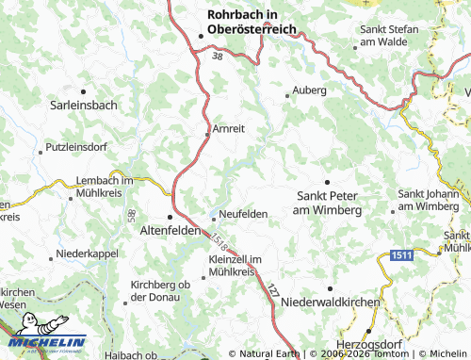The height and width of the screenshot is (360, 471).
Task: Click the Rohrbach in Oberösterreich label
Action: [252, 22]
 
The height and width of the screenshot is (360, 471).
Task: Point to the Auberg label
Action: [310, 90]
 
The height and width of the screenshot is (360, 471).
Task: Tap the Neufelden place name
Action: [243, 214]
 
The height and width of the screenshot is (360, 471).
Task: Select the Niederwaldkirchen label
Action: [330, 303]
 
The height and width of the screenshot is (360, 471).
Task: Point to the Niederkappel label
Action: [88, 254]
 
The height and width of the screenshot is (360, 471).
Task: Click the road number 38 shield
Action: [218, 57]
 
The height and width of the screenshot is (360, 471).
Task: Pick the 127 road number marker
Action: [273, 291]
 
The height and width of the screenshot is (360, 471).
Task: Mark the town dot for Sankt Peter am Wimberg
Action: [327, 181]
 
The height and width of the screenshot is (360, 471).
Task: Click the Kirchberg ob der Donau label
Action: [161, 290]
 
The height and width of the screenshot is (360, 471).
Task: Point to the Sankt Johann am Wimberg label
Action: [429, 199]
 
